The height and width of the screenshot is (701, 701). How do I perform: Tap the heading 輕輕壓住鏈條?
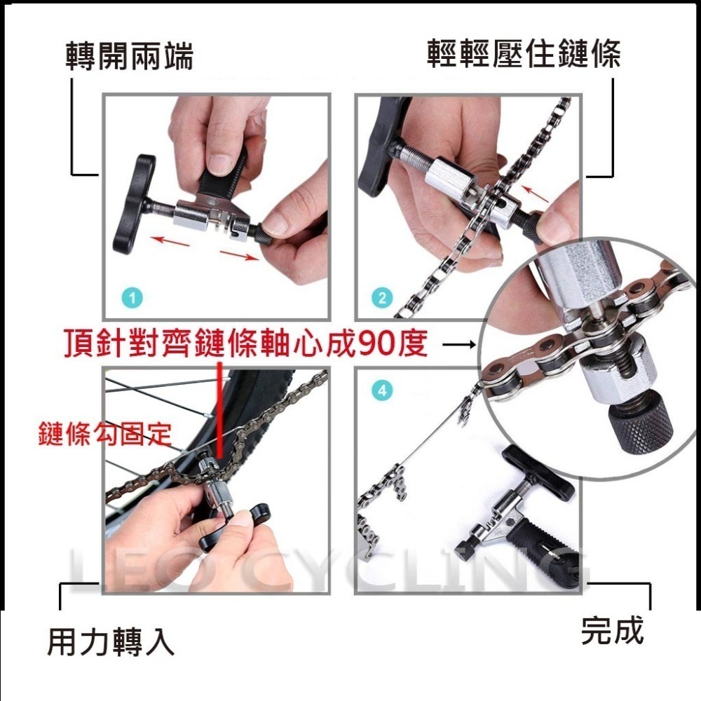pos(523,54)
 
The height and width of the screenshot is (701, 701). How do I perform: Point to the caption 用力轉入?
pos(110,641)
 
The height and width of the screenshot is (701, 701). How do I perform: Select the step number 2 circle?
pos(382,298)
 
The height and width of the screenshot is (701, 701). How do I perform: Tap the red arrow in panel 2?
pos(536,193)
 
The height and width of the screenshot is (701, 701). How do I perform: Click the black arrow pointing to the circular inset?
pos(460,344)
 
